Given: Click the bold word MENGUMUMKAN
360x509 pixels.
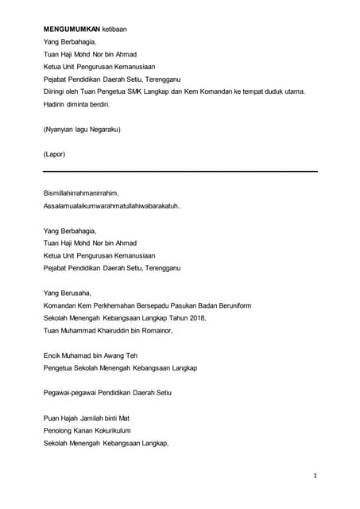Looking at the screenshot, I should point(72,29).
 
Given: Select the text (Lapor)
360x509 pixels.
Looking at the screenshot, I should point(55,153).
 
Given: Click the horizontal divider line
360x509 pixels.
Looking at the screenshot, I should point(180,171).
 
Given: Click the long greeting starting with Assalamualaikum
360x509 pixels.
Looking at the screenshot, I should point(112,206).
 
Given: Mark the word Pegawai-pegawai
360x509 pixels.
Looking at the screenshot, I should point(72,393).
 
